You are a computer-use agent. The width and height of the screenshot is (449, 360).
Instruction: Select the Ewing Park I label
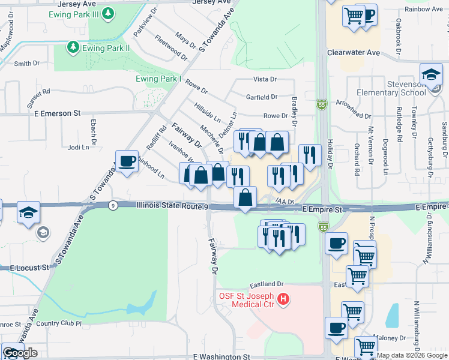pyautogui.click(x=158, y=79)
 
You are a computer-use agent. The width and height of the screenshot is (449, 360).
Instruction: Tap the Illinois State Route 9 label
pyautogui.click(x=172, y=206)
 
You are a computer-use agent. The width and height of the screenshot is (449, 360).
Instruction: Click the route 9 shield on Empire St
pyautogui.click(x=113, y=205)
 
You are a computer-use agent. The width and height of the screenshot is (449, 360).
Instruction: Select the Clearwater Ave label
pyautogui.click(x=354, y=53)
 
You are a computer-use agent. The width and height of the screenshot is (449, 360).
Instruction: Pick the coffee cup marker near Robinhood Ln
pyautogui.click(x=127, y=161)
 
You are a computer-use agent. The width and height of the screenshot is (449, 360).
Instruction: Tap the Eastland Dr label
pyautogui.click(x=267, y=284)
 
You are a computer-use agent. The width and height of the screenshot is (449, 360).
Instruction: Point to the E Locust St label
pyautogui.click(x=29, y=267)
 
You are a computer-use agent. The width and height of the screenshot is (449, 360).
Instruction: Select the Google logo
pyautogui.click(x=20, y=353)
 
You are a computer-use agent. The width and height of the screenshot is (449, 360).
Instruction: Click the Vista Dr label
pyautogui.click(x=265, y=79)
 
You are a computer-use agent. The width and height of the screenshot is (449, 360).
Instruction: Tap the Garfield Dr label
pyautogui.click(x=262, y=96)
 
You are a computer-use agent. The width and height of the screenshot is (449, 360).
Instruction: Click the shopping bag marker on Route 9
pyautogui.click(x=246, y=197)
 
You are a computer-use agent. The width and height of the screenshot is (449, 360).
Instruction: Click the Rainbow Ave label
pyautogui.click(x=425, y=10)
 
